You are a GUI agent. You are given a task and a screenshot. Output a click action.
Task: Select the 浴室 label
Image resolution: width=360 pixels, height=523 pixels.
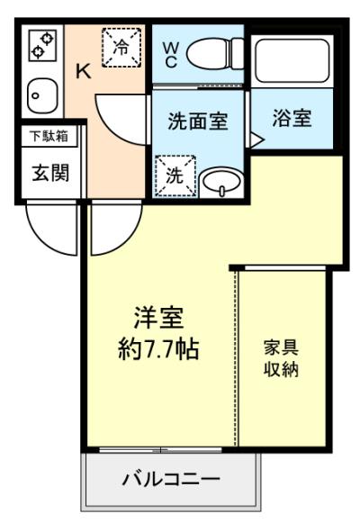(292, 119)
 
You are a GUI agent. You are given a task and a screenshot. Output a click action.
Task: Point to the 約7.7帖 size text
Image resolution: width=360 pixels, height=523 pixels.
(158, 349)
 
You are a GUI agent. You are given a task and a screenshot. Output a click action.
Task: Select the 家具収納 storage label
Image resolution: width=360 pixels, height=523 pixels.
(281, 358)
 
